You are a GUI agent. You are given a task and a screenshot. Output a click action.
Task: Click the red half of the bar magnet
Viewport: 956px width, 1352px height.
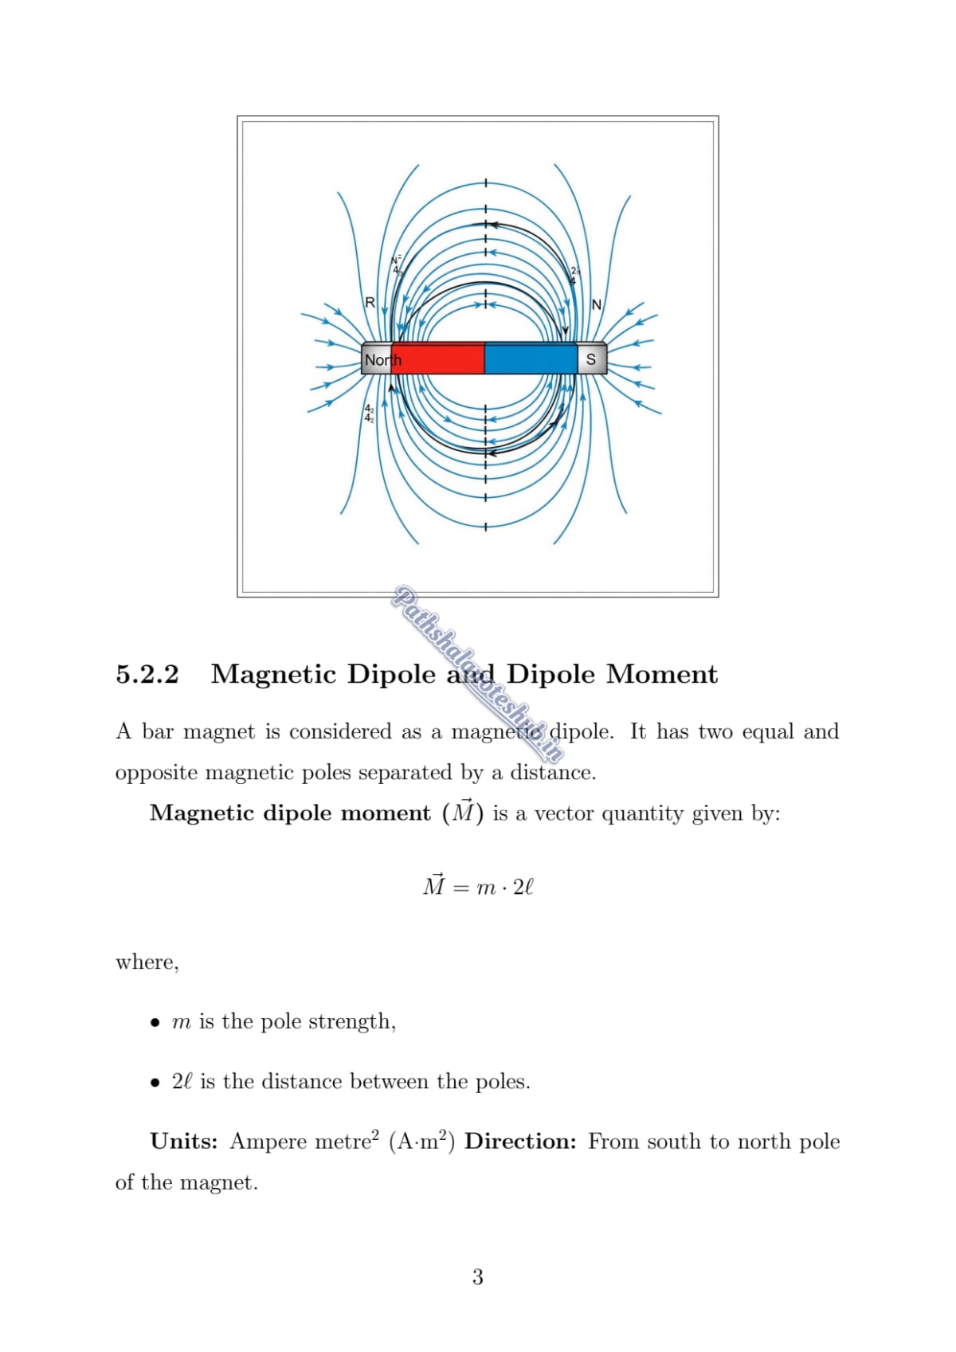point(438,359)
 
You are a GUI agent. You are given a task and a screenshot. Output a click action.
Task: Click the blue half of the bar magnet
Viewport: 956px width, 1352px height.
point(531,359)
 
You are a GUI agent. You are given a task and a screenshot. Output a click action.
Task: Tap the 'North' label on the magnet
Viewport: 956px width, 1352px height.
point(382,360)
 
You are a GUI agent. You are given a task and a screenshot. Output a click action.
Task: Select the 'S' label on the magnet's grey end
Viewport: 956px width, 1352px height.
point(591,359)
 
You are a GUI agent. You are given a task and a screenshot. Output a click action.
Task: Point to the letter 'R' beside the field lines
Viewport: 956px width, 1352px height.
point(370,303)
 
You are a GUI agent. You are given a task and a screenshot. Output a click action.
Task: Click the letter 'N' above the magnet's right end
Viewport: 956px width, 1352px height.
point(597,305)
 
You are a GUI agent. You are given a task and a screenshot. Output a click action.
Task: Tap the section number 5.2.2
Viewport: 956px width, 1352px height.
point(147,675)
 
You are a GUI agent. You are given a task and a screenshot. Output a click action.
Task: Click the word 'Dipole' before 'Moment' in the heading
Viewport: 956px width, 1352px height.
point(550,675)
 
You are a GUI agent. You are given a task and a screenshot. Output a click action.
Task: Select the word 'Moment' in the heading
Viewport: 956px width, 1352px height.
point(662,675)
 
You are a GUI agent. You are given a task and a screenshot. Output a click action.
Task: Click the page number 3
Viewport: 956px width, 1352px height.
point(477,1277)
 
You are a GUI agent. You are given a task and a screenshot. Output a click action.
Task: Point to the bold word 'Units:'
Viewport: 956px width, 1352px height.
point(184,1142)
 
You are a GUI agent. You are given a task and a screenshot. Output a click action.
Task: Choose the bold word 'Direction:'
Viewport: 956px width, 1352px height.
point(520,1142)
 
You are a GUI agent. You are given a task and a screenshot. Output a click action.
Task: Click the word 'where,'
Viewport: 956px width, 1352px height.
point(147,962)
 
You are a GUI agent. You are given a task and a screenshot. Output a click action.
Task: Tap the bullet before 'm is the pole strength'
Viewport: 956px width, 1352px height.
point(155,1023)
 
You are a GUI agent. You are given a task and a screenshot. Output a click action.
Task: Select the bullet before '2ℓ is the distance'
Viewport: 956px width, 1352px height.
point(155,1083)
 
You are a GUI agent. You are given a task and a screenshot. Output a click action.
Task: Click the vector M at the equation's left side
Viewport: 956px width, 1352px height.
point(434,884)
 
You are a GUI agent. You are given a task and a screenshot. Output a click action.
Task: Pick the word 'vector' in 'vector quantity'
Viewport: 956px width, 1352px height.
point(564,813)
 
